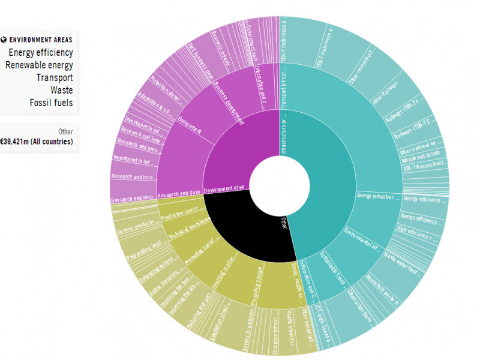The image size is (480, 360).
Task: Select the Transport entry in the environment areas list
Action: tap(54, 77)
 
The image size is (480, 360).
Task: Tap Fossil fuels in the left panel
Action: tap(51, 103)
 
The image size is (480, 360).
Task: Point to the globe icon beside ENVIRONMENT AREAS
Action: tap(4, 40)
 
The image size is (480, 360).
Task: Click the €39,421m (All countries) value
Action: tap(37, 142)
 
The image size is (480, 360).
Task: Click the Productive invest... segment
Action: tap(180, 210)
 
